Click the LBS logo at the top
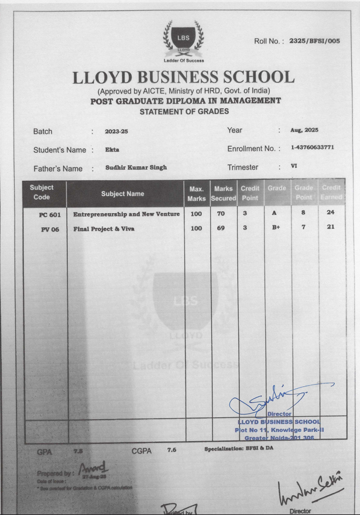[183, 39]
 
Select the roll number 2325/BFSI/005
[314, 41]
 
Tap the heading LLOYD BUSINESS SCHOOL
[183, 78]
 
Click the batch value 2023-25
[116, 132]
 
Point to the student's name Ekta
[112, 150]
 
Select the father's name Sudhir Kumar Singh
[136, 167]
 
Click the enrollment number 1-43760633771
[312, 147]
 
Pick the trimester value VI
[294, 166]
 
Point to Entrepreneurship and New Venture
[126, 215]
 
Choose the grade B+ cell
[276, 228]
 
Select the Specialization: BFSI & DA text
[239, 448]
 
